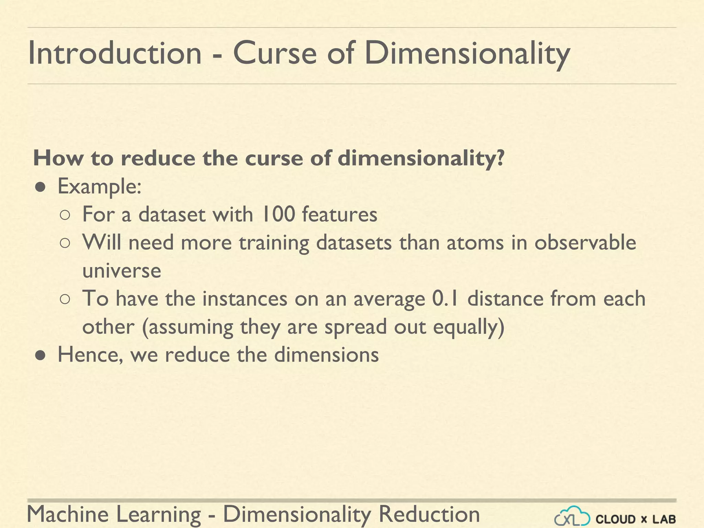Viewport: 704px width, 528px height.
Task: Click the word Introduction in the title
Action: pyautogui.click(x=114, y=53)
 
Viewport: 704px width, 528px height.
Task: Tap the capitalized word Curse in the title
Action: pyautogui.click(x=275, y=53)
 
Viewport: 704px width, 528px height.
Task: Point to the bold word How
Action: pyautogui.click(x=58, y=158)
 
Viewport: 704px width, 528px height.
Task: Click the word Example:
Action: pyautogui.click(x=99, y=187)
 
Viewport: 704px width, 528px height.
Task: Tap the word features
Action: pyautogui.click(x=340, y=214)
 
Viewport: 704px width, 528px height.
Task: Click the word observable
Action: pyautogui.click(x=585, y=242)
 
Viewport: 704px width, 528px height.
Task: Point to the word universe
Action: pyautogui.click(x=122, y=271)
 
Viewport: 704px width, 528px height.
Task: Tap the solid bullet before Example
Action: pyautogui.click(x=41, y=187)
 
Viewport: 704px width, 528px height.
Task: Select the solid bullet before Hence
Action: pyautogui.click(x=41, y=355)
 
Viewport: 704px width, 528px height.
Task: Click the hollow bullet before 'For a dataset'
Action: pyautogui.click(x=65, y=215)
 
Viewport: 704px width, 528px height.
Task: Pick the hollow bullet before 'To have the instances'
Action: pyautogui.click(x=65, y=299)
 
